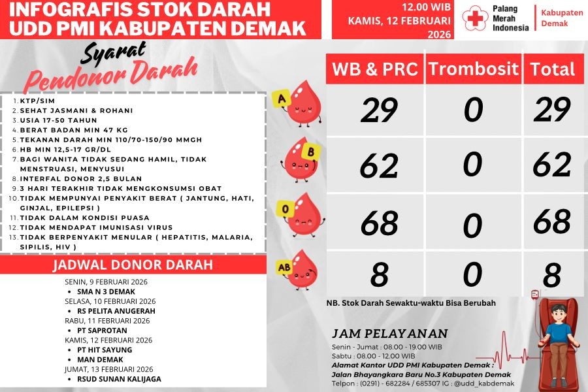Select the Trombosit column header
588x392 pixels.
(474, 69)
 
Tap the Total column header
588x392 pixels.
(552, 69)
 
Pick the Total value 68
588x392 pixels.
(552, 221)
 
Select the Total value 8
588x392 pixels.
(552, 275)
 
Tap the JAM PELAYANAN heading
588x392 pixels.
(390, 333)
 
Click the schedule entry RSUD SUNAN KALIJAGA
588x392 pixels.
(119, 379)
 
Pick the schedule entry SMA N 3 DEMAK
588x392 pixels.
(105, 291)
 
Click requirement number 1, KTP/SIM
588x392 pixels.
(37, 101)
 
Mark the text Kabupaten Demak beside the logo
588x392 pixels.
(562, 18)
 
